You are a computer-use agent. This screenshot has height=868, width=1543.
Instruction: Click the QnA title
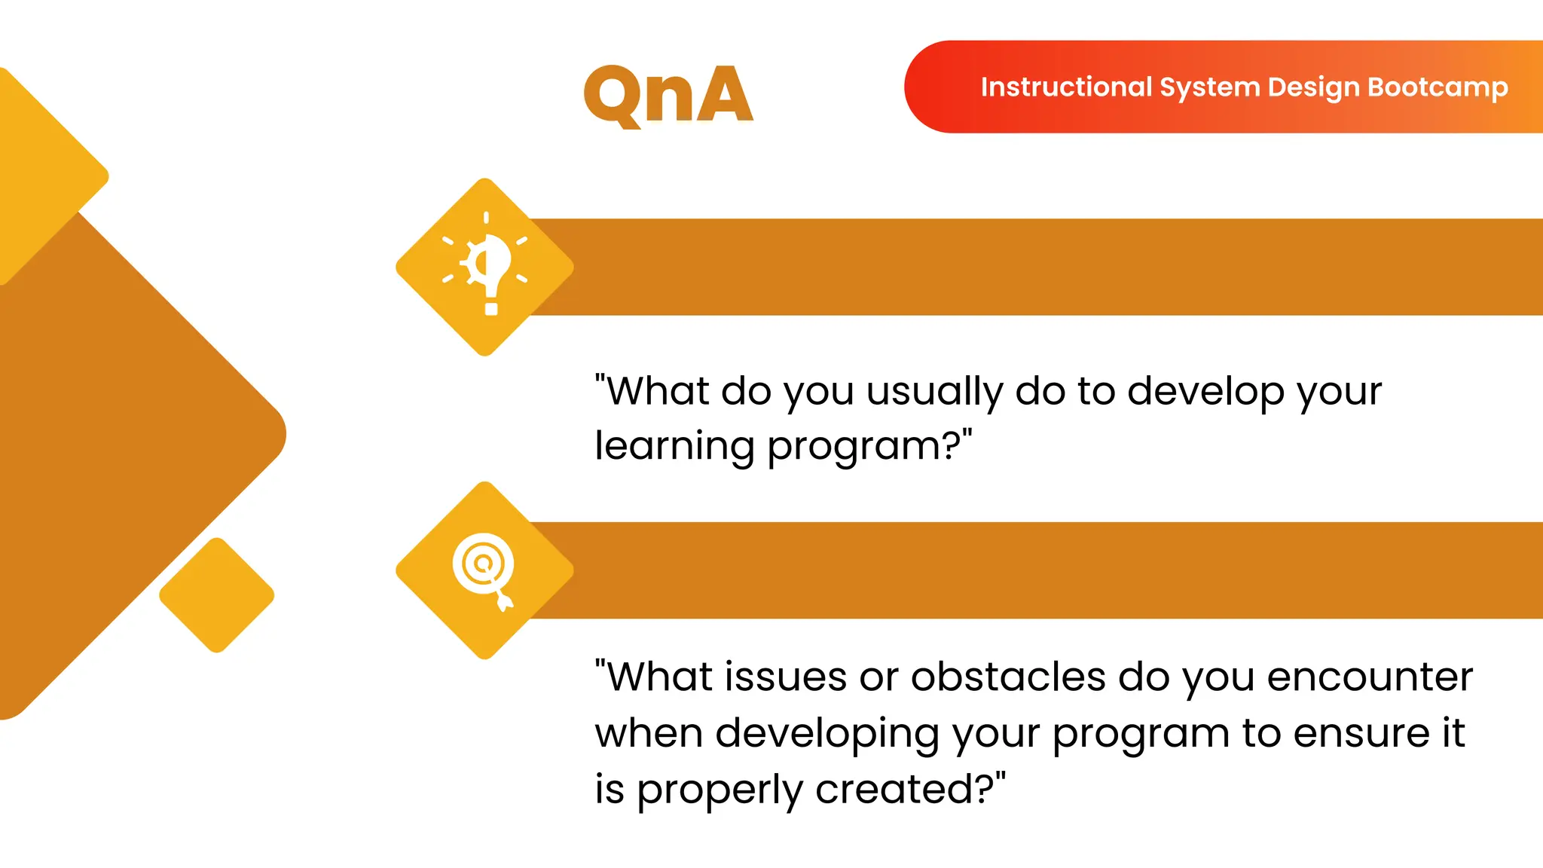(x=668, y=95)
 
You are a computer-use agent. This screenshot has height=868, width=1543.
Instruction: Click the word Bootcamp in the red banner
(x=1438, y=87)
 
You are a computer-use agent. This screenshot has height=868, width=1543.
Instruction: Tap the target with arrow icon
(x=485, y=570)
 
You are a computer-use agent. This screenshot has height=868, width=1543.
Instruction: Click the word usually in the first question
(x=934, y=392)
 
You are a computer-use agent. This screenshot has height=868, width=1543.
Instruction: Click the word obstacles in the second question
(x=1007, y=677)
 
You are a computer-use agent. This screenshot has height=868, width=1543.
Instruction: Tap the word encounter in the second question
(x=1369, y=677)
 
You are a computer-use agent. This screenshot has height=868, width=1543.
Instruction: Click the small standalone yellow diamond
(x=217, y=595)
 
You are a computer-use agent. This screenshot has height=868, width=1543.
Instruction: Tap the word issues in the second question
(x=786, y=677)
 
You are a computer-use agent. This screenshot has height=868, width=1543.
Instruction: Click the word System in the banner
(x=1209, y=87)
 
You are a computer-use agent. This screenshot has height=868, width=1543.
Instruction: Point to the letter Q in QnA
(x=613, y=96)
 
